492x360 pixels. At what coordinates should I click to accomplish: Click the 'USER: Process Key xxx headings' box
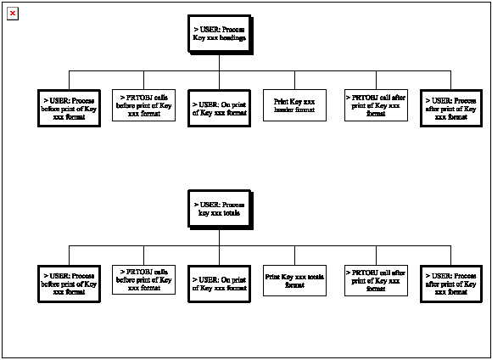(219, 35)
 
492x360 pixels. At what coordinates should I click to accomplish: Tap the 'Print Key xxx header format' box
(294, 105)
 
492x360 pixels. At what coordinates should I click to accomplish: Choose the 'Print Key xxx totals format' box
(294, 280)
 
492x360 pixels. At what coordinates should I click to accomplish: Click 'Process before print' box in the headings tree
(70, 107)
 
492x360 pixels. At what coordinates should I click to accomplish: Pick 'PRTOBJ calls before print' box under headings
(144, 106)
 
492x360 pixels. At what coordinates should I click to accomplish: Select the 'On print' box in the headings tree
(219, 107)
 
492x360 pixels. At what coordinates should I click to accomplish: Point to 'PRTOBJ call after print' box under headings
(375, 106)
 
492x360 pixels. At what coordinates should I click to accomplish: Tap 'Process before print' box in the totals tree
(70, 282)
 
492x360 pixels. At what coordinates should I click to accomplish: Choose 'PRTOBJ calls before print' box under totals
(144, 280)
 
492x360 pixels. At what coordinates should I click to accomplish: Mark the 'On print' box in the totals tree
(219, 282)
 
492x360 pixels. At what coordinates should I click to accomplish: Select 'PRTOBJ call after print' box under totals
(375, 280)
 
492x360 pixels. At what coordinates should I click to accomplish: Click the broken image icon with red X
(13, 14)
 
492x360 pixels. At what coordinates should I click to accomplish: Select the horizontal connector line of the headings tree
(254, 70)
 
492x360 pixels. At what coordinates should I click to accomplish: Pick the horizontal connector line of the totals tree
(254, 245)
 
